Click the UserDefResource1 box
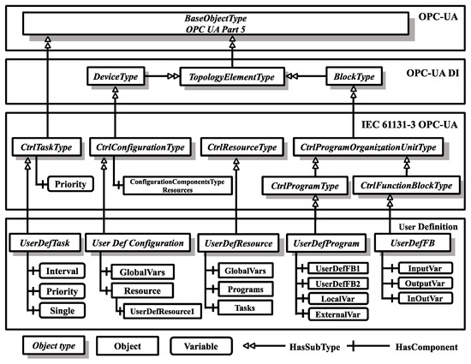pyautogui.click(x=164, y=307)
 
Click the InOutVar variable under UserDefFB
pyautogui.click(x=420, y=297)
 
